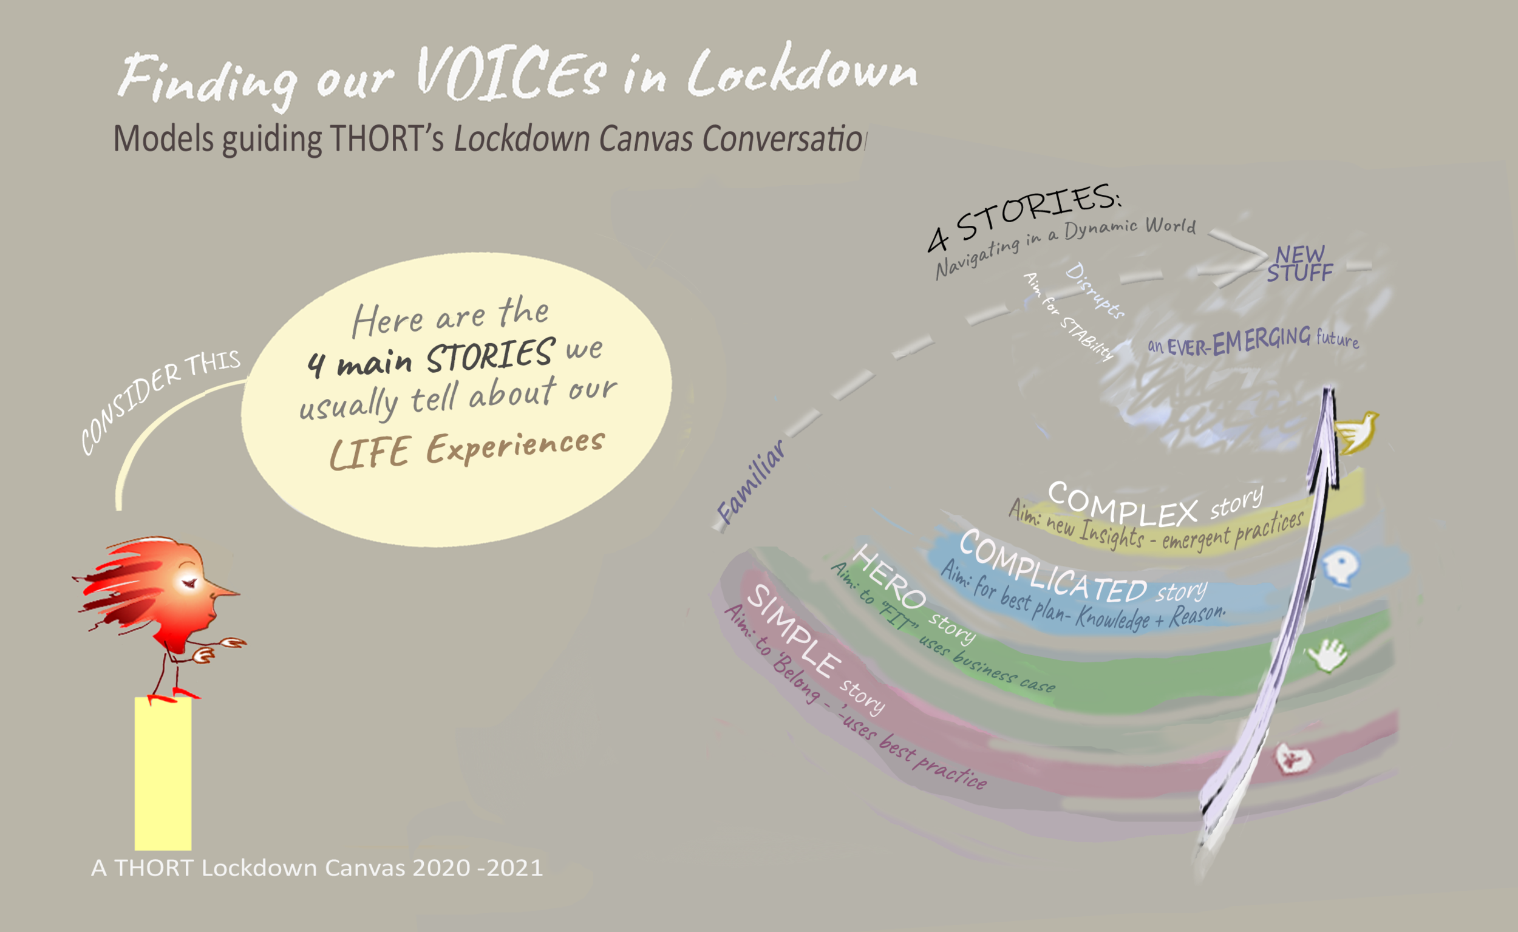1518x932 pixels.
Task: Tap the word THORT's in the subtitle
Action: coord(386,138)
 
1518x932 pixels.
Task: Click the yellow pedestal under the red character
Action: coord(163,774)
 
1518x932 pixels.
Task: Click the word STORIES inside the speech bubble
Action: coord(490,356)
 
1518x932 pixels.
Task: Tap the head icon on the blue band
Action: coord(1341,566)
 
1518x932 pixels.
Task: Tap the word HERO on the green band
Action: coord(891,576)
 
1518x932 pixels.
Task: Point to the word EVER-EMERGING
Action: coord(1238,342)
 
